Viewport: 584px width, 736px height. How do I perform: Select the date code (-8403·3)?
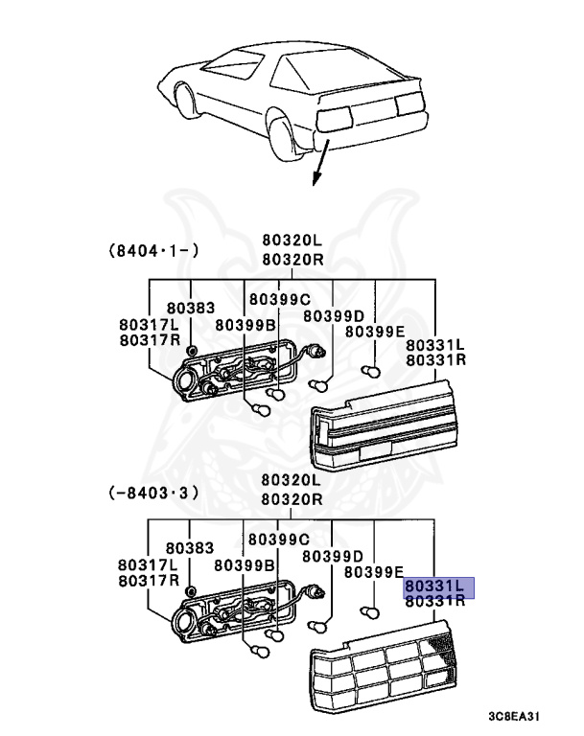pos(153,493)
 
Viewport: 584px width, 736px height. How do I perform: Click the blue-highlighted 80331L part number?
pos(433,584)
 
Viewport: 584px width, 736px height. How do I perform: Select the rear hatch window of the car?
pos(326,72)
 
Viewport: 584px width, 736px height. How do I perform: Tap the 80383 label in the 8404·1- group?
pos(189,309)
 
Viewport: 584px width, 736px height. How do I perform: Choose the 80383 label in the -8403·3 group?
pos(189,548)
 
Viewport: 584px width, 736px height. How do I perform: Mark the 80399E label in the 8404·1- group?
pos(375,332)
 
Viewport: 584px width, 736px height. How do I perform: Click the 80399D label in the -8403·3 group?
pos(333,556)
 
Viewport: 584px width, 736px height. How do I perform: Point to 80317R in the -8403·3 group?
pos(149,581)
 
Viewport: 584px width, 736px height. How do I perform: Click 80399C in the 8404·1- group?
pos(279,299)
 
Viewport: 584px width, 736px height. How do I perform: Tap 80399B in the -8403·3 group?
pos(245,564)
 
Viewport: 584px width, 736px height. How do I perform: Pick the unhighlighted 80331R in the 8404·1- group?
pos(435,360)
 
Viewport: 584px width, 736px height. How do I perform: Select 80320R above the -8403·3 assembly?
pos(290,498)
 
